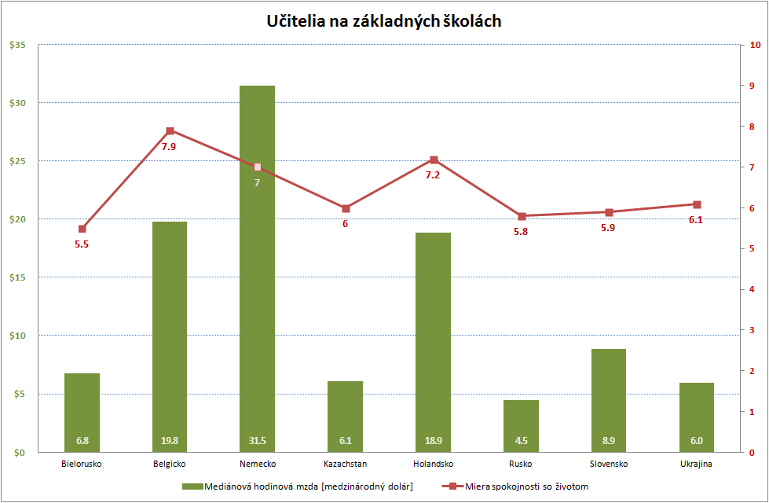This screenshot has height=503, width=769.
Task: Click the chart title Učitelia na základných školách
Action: (384, 21)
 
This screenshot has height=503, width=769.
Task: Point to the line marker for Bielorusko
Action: (82, 229)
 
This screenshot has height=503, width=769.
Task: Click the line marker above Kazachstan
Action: (346, 208)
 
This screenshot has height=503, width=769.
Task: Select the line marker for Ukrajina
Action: (698, 204)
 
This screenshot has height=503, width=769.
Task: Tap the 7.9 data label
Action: (169, 146)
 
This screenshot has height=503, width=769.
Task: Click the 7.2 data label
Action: (433, 175)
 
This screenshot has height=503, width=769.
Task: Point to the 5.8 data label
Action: (521, 232)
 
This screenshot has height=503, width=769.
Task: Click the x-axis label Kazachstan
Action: (346, 464)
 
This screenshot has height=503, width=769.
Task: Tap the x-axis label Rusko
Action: (522, 464)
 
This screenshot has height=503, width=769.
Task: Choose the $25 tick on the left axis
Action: (17, 161)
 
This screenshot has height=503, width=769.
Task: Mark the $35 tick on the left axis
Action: (17, 45)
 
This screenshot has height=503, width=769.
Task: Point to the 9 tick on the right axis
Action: (753, 86)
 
